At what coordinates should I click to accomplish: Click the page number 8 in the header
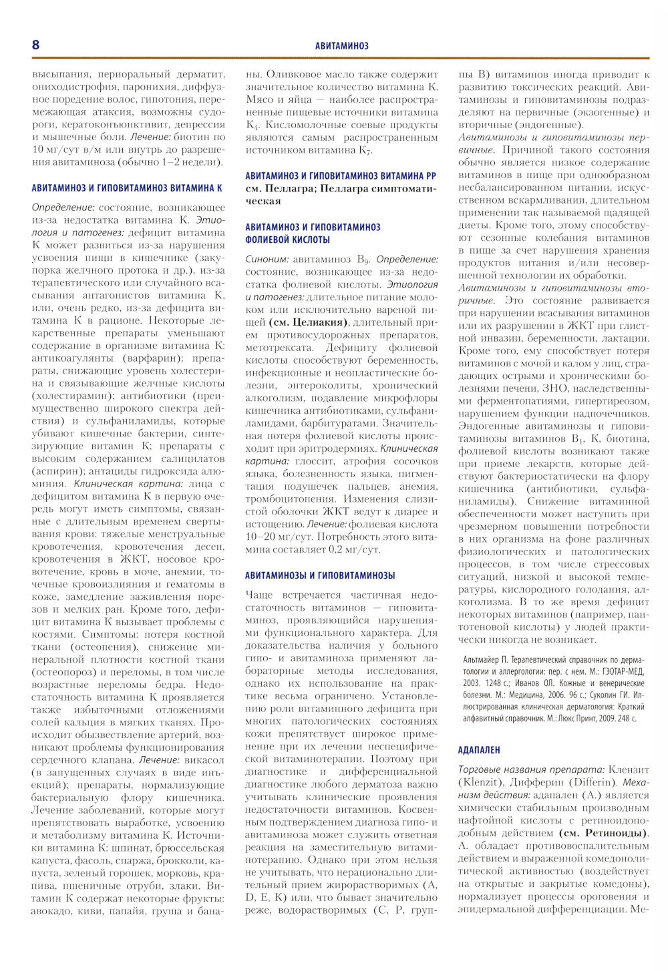[36, 45]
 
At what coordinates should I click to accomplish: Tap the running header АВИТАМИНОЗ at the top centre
[341, 46]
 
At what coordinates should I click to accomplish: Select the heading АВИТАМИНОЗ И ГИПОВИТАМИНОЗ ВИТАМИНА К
[127, 189]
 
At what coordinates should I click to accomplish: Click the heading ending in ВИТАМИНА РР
[341, 176]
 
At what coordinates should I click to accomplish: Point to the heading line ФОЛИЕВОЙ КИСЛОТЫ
[287, 239]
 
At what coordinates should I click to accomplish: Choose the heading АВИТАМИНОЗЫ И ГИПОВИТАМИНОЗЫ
[320, 575]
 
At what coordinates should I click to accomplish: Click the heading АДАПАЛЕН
[480, 750]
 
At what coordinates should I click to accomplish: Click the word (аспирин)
[56, 472]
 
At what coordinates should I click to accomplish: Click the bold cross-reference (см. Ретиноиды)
[603, 833]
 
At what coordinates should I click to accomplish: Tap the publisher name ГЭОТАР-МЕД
[621, 671]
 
